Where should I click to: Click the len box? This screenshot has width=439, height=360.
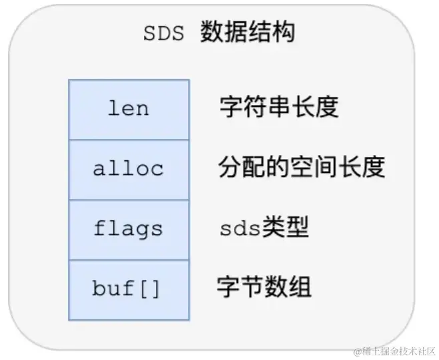coord(129,109)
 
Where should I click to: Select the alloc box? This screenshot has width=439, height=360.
coord(129,169)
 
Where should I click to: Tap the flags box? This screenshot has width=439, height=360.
coord(129,229)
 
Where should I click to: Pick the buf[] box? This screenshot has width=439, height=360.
coord(129,289)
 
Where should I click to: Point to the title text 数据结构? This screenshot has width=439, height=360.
coord(247,33)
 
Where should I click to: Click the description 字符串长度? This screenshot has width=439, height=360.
coord(278,107)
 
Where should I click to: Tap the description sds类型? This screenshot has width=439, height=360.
coord(264,229)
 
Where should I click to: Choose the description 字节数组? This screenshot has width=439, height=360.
coord(264,288)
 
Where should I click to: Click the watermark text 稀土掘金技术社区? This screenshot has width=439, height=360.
coord(398,351)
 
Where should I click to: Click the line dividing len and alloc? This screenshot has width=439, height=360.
coord(129,140)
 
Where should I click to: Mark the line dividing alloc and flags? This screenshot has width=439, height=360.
coord(129,200)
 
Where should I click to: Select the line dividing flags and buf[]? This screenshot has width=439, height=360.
coord(129,260)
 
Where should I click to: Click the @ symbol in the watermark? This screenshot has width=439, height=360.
coord(357,351)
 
